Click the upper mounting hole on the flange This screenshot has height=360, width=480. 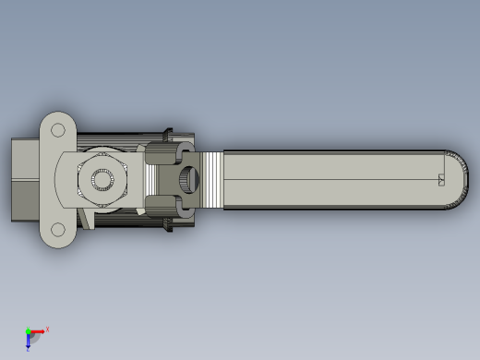pos(58,130)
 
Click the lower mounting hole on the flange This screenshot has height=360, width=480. pos(58,229)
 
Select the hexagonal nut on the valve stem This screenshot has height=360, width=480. pos(102,179)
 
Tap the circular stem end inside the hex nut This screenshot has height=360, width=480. pos(101,179)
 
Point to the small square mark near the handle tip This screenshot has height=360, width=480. pos(441,180)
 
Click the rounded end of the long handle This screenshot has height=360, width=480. pos(459,179)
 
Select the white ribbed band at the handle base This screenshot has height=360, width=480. pos(212,180)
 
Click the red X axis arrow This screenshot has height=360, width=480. pos(38,331)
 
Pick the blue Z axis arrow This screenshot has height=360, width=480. pos(29,341)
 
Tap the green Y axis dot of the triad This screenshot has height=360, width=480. pos(28,330)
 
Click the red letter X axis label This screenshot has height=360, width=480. pos(47,329)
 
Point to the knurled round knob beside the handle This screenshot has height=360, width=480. pos(189,180)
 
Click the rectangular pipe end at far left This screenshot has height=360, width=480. pos(24,180)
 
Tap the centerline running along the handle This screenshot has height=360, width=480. pos(332,179)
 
